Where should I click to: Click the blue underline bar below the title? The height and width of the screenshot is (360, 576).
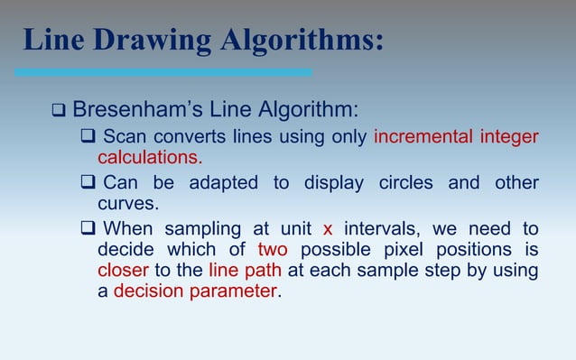pyautogui.click(x=163, y=71)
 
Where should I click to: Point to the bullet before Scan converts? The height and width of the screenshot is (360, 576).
pyautogui.click(x=88, y=137)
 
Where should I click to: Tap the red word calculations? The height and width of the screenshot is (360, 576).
pyautogui.click(x=150, y=158)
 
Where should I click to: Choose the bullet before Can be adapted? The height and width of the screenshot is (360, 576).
pyautogui.click(x=88, y=183)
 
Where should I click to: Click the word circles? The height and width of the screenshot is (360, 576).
pyautogui.click(x=406, y=183)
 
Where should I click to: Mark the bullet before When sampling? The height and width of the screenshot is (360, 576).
pyautogui.click(x=88, y=229)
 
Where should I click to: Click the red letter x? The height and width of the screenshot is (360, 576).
pyautogui.click(x=328, y=229)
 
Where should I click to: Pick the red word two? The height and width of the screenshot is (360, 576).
pyautogui.click(x=273, y=250)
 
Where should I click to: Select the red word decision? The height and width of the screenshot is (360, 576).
pyautogui.click(x=149, y=291)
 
